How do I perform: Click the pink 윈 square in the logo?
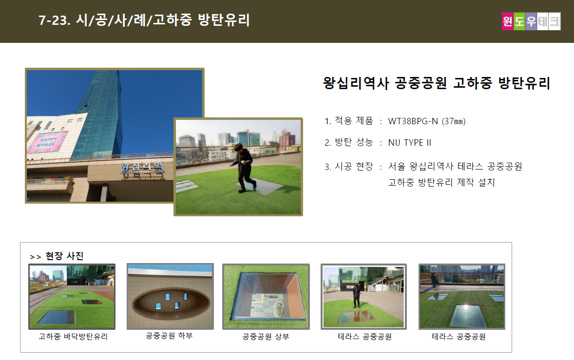[507, 21]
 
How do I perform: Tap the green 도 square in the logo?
[519, 21]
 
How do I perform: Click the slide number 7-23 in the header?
[54, 20]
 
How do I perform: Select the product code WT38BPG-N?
[413, 121]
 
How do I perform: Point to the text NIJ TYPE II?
[410, 142]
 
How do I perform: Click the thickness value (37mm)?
[454, 121]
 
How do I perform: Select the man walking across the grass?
[243, 168]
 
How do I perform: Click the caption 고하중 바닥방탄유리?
[73, 337]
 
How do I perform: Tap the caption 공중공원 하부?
[169, 336]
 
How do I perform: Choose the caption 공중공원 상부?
[266, 337]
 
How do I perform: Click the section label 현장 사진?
[64, 256]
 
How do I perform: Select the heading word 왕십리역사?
[356, 83]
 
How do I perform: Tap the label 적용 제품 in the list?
[354, 121]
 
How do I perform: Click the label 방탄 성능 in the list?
[354, 142]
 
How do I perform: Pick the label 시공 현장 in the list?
[354, 167]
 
